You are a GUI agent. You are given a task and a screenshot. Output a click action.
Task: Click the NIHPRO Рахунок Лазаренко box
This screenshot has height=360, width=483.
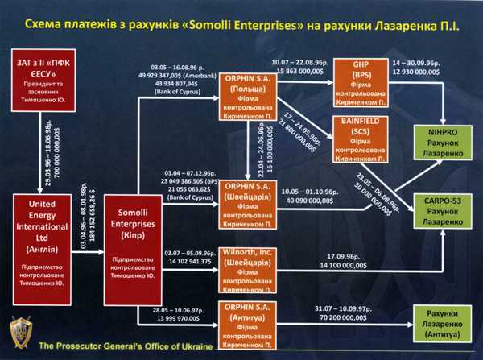click(x=441, y=142)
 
